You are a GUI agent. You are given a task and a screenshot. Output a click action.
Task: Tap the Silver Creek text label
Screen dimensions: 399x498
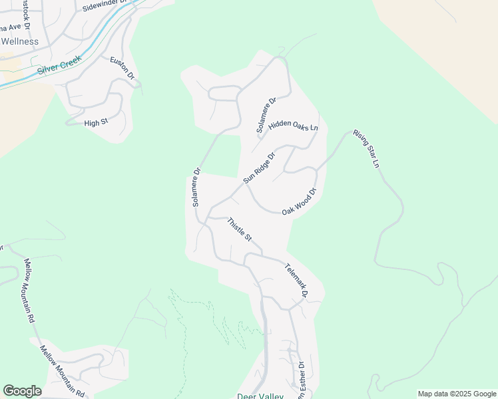[59, 65]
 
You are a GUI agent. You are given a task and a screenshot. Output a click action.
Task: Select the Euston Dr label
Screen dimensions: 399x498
[123, 68]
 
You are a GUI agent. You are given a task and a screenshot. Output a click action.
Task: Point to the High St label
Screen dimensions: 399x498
[96, 123]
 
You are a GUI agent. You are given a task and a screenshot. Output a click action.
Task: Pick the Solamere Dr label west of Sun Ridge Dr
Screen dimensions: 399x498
[196, 187]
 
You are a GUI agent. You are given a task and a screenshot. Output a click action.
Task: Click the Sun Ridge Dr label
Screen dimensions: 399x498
[259, 168]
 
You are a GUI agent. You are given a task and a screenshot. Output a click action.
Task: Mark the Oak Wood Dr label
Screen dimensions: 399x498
[298, 201]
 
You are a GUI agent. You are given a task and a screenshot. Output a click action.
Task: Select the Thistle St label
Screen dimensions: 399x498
[240, 229]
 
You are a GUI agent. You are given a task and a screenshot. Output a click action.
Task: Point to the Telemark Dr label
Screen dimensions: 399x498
[297, 280]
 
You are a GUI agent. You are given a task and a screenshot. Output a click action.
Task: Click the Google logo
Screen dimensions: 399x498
[22, 391]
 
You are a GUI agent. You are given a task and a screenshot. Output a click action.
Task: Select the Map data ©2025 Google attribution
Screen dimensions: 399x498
[457, 394]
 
